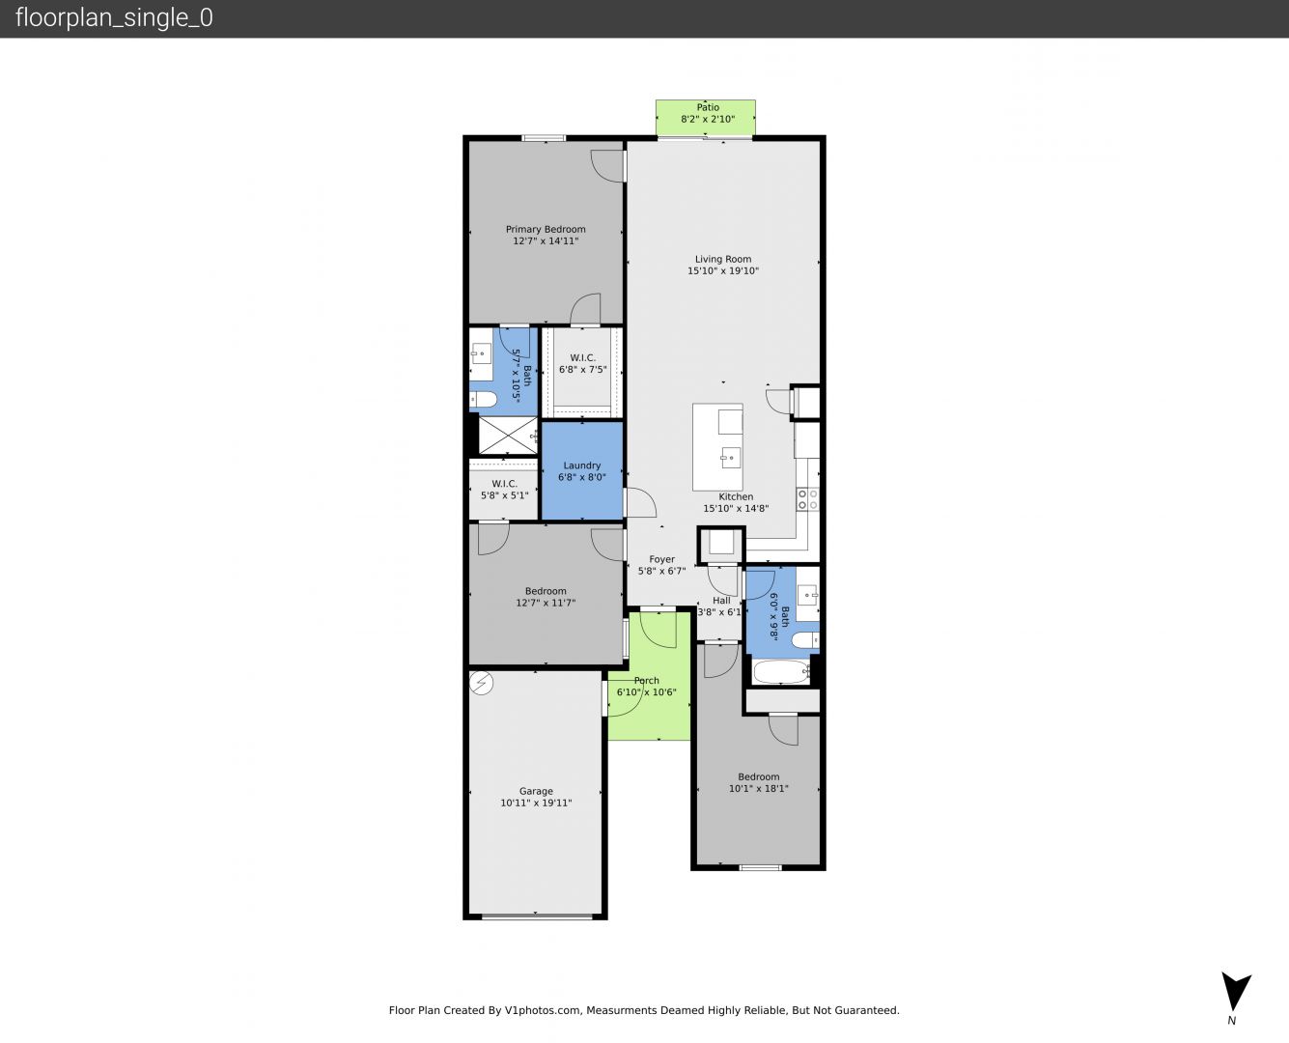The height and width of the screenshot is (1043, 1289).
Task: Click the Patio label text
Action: (708, 107)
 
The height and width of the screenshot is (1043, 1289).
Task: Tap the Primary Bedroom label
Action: (546, 229)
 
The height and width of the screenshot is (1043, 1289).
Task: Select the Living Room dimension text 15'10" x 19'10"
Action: (722, 270)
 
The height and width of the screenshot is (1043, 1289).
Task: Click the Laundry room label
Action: (581, 465)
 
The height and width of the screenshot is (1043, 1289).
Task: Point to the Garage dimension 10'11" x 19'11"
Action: (536, 803)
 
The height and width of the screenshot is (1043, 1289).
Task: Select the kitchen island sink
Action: (730, 458)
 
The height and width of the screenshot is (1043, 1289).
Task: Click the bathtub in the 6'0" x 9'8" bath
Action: (781, 671)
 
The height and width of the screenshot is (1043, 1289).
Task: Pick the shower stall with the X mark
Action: (508, 436)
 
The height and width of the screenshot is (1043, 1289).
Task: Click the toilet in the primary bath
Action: (483, 400)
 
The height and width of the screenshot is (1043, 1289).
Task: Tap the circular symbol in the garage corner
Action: (481, 684)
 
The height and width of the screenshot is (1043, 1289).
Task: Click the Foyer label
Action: (661, 559)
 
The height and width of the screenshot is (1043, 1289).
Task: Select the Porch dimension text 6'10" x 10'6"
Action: (646, 691)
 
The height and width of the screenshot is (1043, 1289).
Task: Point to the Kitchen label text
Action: (736, 496)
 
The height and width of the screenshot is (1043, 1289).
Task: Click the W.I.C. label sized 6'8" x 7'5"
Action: (583, 357)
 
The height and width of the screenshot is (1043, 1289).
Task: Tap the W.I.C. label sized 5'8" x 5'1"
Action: (504, 484)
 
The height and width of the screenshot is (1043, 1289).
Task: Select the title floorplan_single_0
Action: (114, 17)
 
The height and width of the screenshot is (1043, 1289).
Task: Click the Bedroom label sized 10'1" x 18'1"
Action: (758, 776)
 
